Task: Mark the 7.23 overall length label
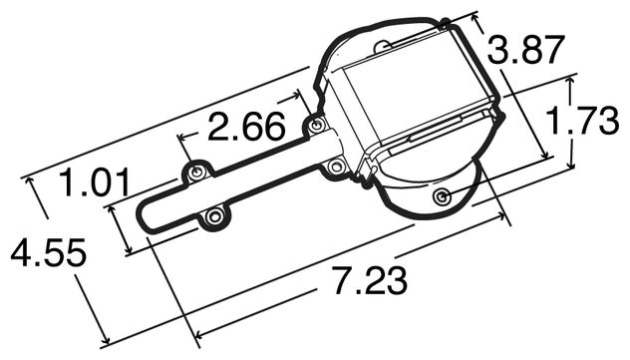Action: (369, 281)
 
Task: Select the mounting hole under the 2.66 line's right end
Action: (316, 127)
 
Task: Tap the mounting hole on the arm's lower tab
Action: (212, 216)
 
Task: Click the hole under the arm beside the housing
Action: (336, 166)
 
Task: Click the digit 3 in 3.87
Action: (499, 50)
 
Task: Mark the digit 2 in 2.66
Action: (220, 128)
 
